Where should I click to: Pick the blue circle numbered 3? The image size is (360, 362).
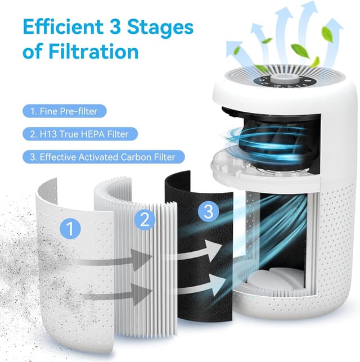click(x=208, y=212)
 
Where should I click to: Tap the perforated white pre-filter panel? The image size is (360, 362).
click(x=62, y=270)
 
